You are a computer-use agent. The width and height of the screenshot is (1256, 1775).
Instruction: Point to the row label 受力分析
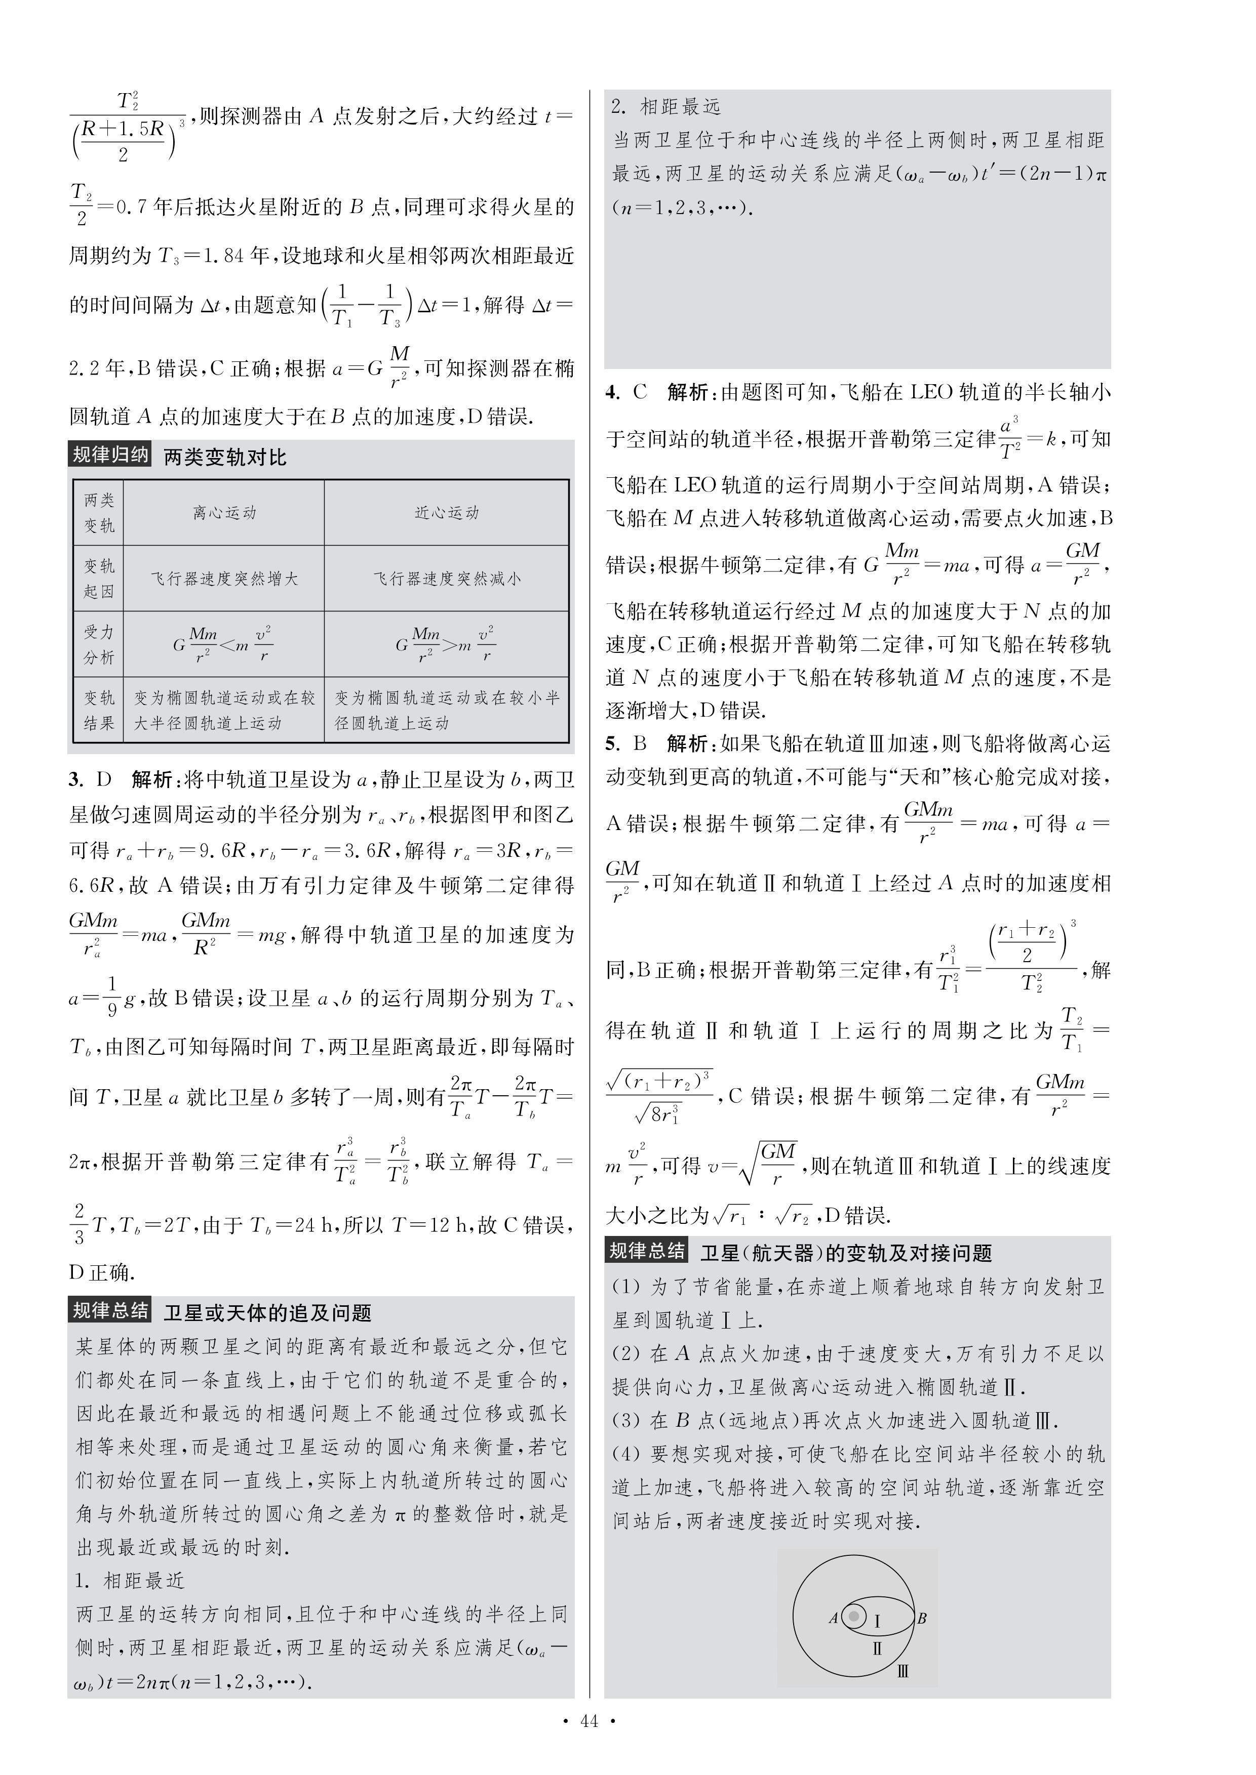pos(99,644)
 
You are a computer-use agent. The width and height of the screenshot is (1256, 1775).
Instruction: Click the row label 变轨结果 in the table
pos(99,710)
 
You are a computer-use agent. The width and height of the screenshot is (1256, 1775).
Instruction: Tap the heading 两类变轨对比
pos(225,457)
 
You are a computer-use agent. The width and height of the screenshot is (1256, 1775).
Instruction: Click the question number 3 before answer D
pos(75,779)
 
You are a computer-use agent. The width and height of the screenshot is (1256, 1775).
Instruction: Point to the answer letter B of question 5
pos(640,744)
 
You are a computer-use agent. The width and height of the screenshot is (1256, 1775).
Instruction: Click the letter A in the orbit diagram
pos(833,1617)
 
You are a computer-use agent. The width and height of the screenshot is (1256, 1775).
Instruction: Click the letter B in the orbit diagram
pos(921,1617)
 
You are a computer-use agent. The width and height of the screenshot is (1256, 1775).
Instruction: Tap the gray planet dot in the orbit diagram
pos(854,1616)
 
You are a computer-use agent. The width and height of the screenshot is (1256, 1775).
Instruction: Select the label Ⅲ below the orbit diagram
pos(902,1671)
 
